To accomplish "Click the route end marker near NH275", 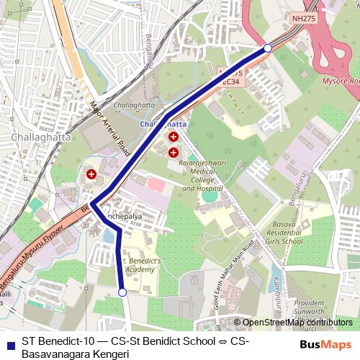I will point(267,48).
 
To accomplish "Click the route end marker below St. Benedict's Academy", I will point(122,292).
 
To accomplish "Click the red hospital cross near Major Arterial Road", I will point(91,174).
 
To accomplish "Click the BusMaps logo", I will point(326,344).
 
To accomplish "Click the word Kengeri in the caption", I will point(106,354).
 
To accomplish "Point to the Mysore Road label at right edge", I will point(344,81).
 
